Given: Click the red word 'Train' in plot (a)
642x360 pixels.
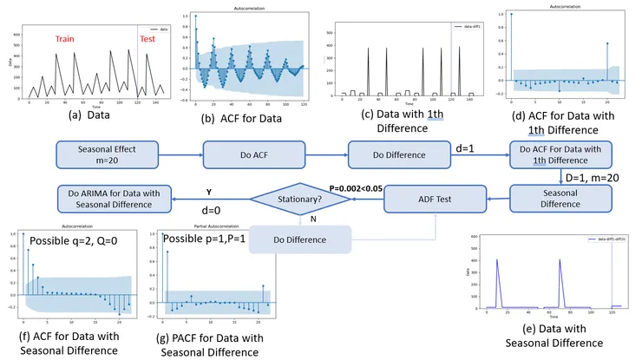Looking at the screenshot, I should [x=70, y=40].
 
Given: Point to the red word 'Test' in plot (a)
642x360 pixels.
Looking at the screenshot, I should [x=149, y=40].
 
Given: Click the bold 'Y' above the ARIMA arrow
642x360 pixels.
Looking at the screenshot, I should [x=209, y=192].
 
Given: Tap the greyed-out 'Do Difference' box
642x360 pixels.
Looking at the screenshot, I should [x=301, y=239].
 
